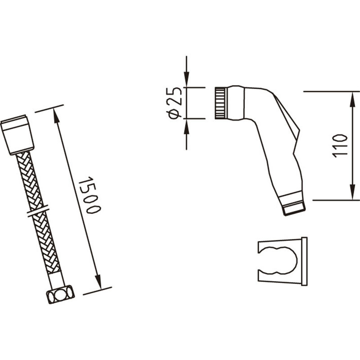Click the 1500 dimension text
coord(89,195)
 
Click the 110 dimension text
coord(340,146)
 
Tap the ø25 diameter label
coord(175,103)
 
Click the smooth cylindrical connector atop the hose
coord(17,135)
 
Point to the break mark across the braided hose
coord(38,211)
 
